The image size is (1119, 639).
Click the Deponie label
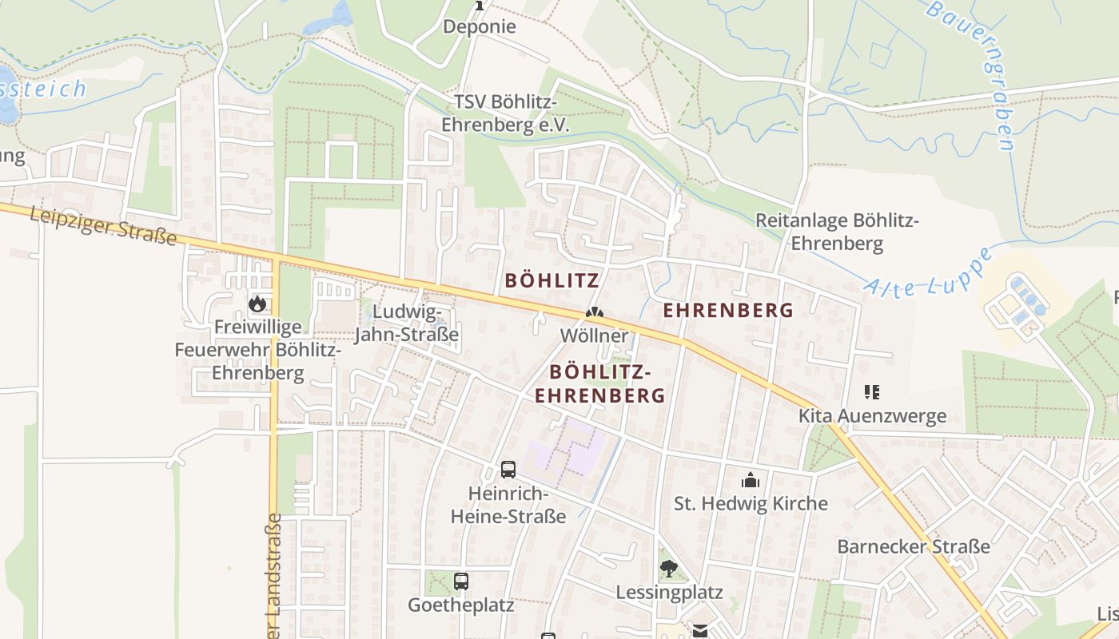480,26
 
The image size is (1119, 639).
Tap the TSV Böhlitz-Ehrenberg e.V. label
505,114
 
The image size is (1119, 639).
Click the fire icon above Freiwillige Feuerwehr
257,304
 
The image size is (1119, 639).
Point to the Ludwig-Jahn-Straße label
407,323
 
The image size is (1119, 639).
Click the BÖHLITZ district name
552,280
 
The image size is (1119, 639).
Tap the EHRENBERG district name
728,311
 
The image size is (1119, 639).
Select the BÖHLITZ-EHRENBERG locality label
599,383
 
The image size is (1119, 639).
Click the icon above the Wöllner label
594,313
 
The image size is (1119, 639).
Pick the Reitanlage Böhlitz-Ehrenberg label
838,232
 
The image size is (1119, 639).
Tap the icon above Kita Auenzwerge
872,392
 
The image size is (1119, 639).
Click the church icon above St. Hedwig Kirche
750,480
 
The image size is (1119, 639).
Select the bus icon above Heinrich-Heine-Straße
508,470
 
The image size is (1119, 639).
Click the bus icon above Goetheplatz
461,581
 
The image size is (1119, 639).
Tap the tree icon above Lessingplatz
669,569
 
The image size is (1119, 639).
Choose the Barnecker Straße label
914,547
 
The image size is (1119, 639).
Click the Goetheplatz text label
461,605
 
